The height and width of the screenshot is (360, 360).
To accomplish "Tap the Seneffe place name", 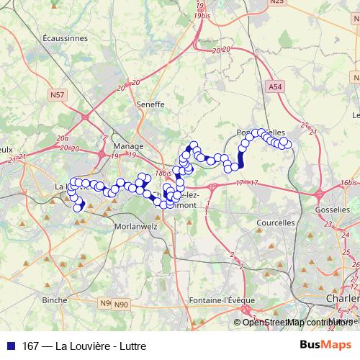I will [x=150, y=104].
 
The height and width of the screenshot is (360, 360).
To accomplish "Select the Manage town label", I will [x=128, y=145].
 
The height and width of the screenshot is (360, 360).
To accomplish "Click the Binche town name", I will [x=55, y=299].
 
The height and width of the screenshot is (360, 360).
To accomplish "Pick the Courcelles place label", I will [x=276, y=223].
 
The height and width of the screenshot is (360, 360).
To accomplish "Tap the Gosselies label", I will [x=333, y=209].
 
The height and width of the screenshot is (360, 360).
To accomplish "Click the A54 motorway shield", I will [x=274, y=86].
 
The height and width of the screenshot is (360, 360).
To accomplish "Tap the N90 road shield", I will [x=122, y=305].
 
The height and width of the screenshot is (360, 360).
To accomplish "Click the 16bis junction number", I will [x=349, y=182].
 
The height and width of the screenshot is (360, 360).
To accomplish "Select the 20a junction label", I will [x=63, y=138].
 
